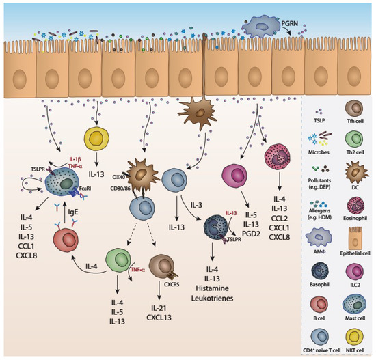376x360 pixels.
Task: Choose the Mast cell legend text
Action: (355, 305)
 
